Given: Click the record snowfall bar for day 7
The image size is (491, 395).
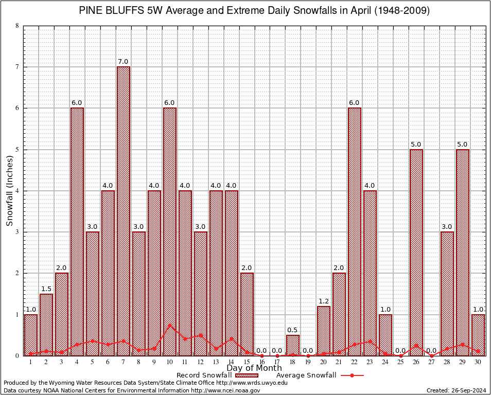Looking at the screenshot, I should click(x=124, y=211).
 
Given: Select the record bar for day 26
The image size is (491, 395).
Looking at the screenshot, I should click(x=416, y=252).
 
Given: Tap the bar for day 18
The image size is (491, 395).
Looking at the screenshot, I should click(x=293, y=345).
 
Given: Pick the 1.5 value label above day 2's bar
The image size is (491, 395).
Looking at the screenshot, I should click(x=46, y=289).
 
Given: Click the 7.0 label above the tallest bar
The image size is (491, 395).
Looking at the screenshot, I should click(x=124, y=62).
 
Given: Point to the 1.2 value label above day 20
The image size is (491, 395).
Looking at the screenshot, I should click(x=324, y=301).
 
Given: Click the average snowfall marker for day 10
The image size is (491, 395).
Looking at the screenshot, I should click(x=170, y=325).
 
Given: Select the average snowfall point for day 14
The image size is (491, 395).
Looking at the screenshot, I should click(x=231, y=338).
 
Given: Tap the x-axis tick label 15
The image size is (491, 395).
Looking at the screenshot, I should click(x=247, y=362).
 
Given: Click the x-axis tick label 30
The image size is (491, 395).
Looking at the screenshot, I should click(x=478, y=362).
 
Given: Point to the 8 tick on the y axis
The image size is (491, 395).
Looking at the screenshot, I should click(x=17, y=26).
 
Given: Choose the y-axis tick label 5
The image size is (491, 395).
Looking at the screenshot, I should click(x=17, y=150).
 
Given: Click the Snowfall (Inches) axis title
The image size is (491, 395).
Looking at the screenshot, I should click(x=10, y=191).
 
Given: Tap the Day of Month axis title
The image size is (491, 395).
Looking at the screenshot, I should click(x=254, y=368).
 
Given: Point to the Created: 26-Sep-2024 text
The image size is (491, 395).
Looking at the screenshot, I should click(x=457, y=390).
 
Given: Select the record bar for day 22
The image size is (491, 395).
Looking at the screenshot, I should click(x=355, y=231).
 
